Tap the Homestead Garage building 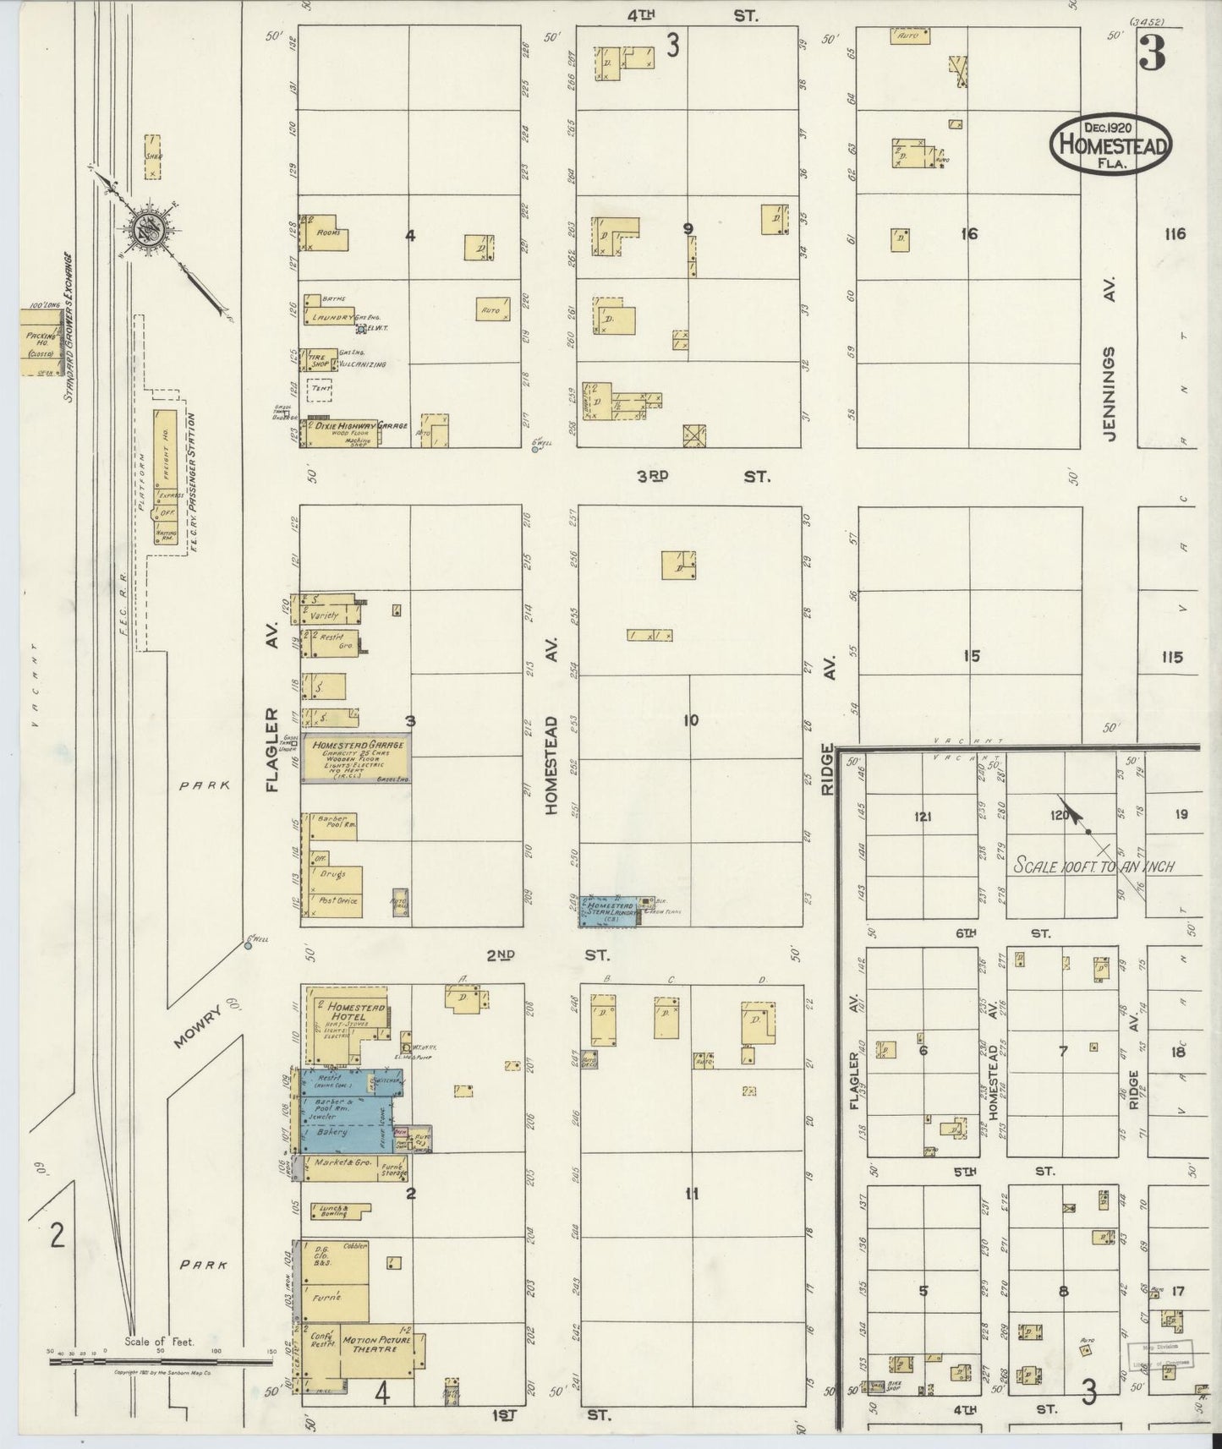pyautogui.click(x=355, y=759)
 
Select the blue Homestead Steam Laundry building pyautogui.click(x=609, y=910)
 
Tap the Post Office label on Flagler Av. pyautogui.click(x=337, y=901)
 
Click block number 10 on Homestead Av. pyautogui.click(x=690, y=720)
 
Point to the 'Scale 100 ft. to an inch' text pyautogui.click(x=1093, y=867)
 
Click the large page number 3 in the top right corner pyautogui.click(x=1151, y=54)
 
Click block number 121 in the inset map pyautogui.click(x=923, y=817)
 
